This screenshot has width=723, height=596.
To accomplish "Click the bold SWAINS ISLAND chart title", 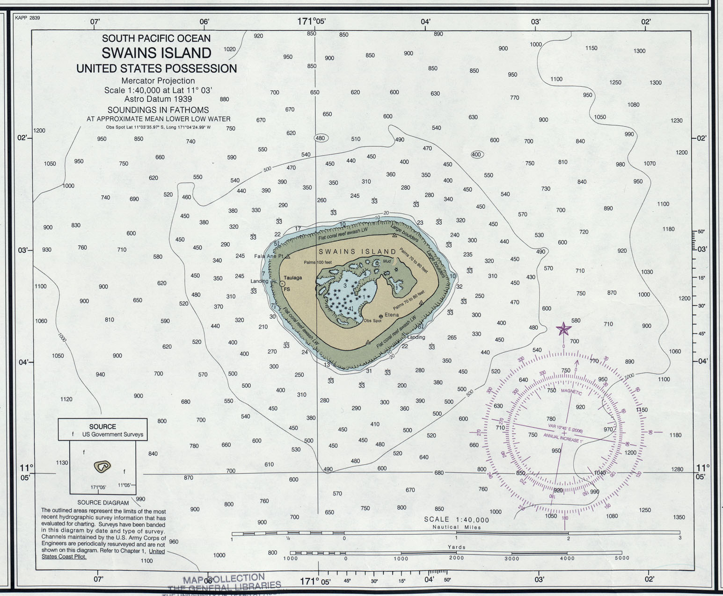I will click(x=156, y=53).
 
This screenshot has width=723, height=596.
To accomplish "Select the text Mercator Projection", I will click(x=158, y=80).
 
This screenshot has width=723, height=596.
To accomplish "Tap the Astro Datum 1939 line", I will click(x=158, y=99).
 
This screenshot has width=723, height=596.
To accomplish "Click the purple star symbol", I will click(x=563, y=329).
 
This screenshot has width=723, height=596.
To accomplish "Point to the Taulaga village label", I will click(x=292, y=278).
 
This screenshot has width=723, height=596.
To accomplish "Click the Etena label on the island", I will click(x=392, y=315).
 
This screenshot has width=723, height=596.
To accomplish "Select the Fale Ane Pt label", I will click(x=269, y=256).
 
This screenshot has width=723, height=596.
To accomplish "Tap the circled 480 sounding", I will click(x=320, y=138).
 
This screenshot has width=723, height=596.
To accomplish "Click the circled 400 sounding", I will click(x=476, y=154).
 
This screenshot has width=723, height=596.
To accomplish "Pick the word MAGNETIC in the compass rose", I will click(x=571, y=392).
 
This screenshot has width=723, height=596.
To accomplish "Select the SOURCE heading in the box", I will click(x=102, y=426).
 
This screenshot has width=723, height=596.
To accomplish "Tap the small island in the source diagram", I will click(x=102, y=466).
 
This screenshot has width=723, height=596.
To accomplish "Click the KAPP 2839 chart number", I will click(x=28, y=18).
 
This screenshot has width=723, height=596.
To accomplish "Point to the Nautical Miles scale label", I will click(x=456, y=527).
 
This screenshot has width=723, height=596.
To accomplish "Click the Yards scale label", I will click(x=456, y=547).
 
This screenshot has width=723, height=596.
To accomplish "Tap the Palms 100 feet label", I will click(x=317, y=262).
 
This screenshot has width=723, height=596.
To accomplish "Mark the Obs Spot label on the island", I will click(x=372, y=321).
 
